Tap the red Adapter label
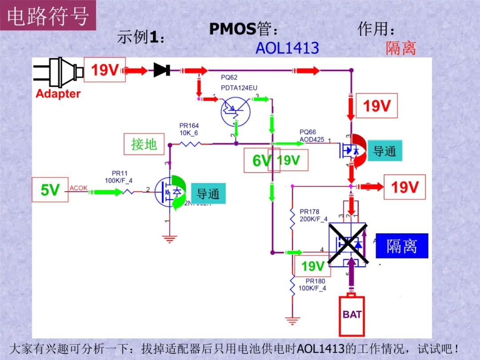(x=58, y=94)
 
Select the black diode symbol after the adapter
(x=162, y=70)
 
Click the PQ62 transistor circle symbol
(x=235, y=111)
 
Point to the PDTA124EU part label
(x=239, y=88)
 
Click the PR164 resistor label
(x=189, y=129)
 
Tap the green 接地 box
(x=144, y=144)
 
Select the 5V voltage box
(x=50, y=190)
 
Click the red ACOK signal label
(x=79, y=188)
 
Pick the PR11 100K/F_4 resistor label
(x=119, y=177)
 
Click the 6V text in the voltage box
(x=261, y=160)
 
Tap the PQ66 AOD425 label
(x=312, y=136)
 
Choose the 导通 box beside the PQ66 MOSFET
(x=384, y=151)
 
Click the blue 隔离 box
(x=402, y=246)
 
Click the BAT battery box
(x=352, y=315)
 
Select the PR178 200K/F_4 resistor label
(x=313, y=215)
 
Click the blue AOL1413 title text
(x=287, y=48)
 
